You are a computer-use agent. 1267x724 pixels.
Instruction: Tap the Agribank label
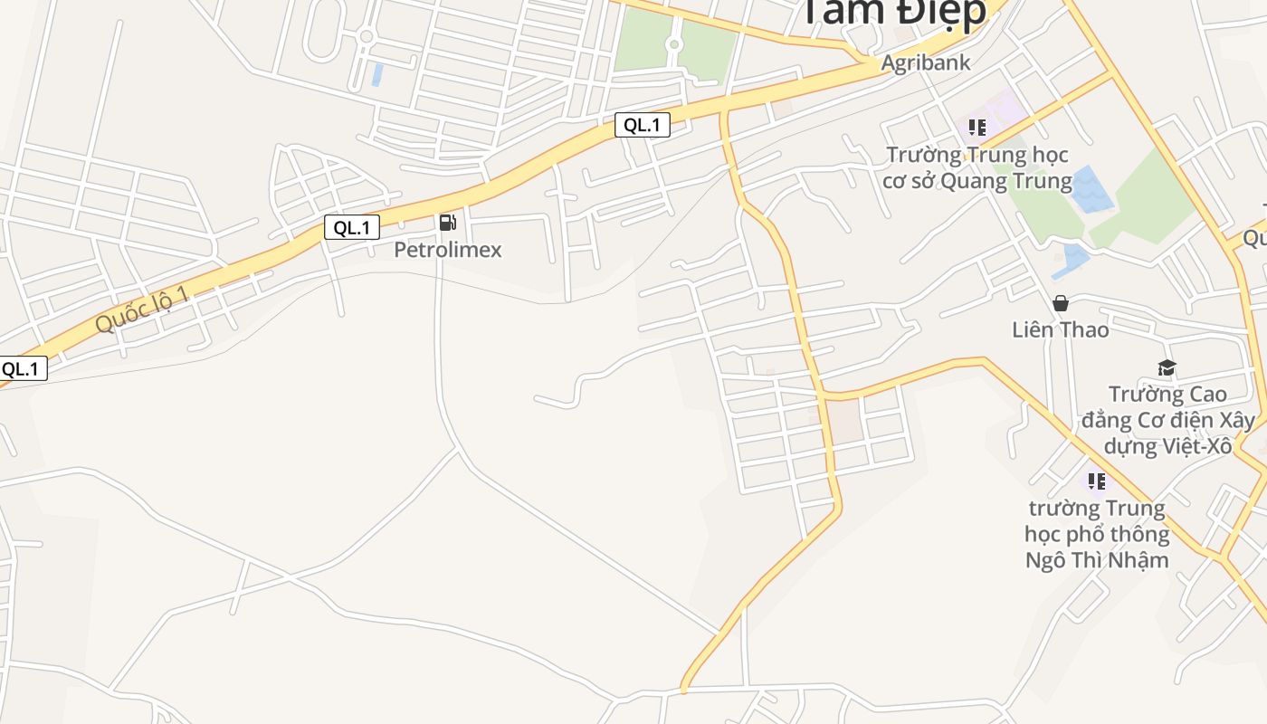(x=926, y=62)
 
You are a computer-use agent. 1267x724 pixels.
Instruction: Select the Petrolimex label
(x=447, y=250)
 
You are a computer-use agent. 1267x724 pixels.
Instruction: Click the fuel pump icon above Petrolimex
(x=447, y=223)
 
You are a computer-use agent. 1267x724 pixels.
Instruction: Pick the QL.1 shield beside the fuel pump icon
(x=352, y=227)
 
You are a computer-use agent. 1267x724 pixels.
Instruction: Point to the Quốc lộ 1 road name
(x=143, y=309)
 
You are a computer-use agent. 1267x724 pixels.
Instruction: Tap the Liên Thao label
(x=1060, y=329)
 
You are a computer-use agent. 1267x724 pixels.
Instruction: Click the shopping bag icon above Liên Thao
(x=1060, y=303)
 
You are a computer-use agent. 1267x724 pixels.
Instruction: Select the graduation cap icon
(x=1167, y=367)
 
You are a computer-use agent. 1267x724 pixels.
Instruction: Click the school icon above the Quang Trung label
(x=976, y=128)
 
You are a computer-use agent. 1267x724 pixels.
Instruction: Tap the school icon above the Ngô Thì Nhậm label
(x=1097, y=481)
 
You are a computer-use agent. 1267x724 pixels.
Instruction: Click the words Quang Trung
(x=1006, y=181)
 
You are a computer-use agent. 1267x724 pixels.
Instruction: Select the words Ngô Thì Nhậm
(x=1097, y=560)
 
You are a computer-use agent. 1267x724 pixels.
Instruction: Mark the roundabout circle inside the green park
(x=673, y=44)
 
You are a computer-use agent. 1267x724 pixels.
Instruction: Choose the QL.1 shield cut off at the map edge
(x=22, y=369)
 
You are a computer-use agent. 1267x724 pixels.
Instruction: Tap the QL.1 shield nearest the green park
(x=643, y=125)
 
